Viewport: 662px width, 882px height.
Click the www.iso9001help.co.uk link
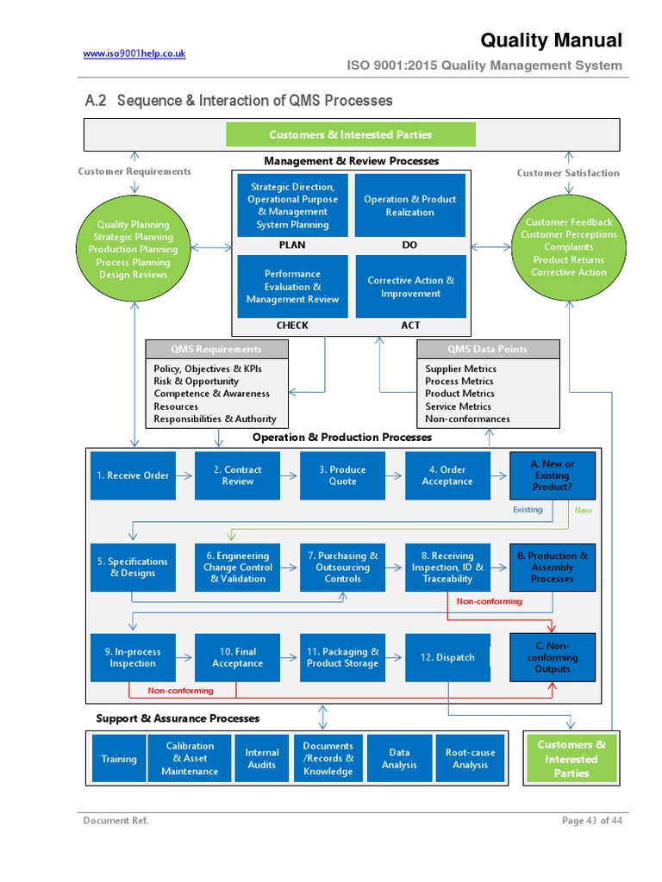(134, 53)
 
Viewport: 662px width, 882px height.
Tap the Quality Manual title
(551, 40)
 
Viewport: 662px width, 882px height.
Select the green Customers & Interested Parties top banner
(350, 134)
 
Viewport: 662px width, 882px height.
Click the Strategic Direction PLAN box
(292, 205)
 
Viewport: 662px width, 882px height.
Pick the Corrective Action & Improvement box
(410, 287)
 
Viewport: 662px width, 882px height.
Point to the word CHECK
(292, 326)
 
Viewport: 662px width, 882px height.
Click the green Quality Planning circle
(133, 250)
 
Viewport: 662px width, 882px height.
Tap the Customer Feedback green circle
(568, 247)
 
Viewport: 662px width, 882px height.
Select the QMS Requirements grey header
(215, 349)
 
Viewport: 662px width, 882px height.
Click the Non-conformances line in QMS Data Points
(467, 419)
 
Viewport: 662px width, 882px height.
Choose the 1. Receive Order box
(133, 475)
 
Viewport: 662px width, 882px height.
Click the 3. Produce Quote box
(342, 475)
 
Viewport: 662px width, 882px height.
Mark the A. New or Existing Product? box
(552, 475)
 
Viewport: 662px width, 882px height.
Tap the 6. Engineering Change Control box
(238, 568)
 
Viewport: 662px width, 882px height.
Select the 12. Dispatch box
(447, 657)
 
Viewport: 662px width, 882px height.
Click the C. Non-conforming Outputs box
(552, 657)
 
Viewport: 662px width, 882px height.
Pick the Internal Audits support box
(262, 759)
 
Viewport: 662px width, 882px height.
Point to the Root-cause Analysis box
(470, 759)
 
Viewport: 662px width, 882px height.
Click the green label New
(584, 510)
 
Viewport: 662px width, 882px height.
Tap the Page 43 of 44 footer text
(591, 821)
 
